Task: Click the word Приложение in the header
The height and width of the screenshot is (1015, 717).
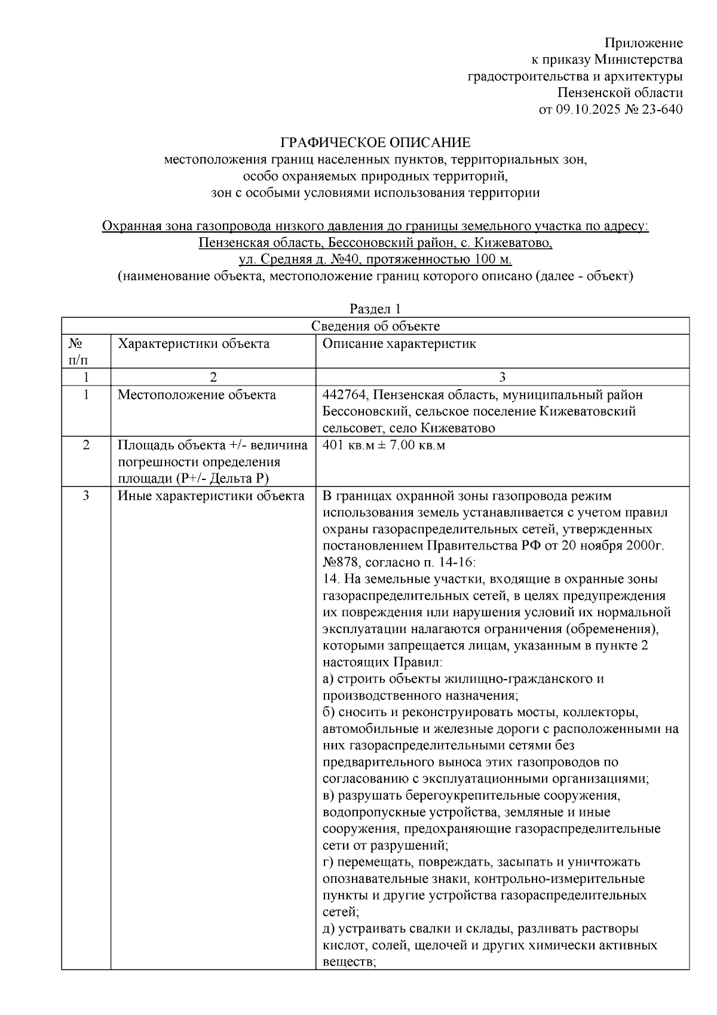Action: tap(643, 43)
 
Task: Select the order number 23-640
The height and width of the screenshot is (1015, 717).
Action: tap(661, 109)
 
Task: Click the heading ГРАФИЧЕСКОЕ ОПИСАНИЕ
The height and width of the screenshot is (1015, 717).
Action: tap(376, 143)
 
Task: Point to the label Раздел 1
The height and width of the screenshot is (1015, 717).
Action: tap(375, 309)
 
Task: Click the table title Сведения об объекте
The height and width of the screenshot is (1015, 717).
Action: tap(376, 326)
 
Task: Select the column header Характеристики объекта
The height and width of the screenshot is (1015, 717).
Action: tap(194, 344)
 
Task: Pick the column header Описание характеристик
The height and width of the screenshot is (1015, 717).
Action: tap(399, 344)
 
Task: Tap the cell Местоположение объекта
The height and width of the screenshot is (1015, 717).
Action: tap(197, 395)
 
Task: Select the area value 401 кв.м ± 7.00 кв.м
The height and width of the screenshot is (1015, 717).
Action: tap(384, 445)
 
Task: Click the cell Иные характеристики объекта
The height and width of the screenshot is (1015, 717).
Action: tap(210, 496)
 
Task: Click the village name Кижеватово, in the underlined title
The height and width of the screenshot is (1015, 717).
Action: tap(517, 243)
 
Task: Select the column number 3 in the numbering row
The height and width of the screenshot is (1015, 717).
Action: tap(502, 377)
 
